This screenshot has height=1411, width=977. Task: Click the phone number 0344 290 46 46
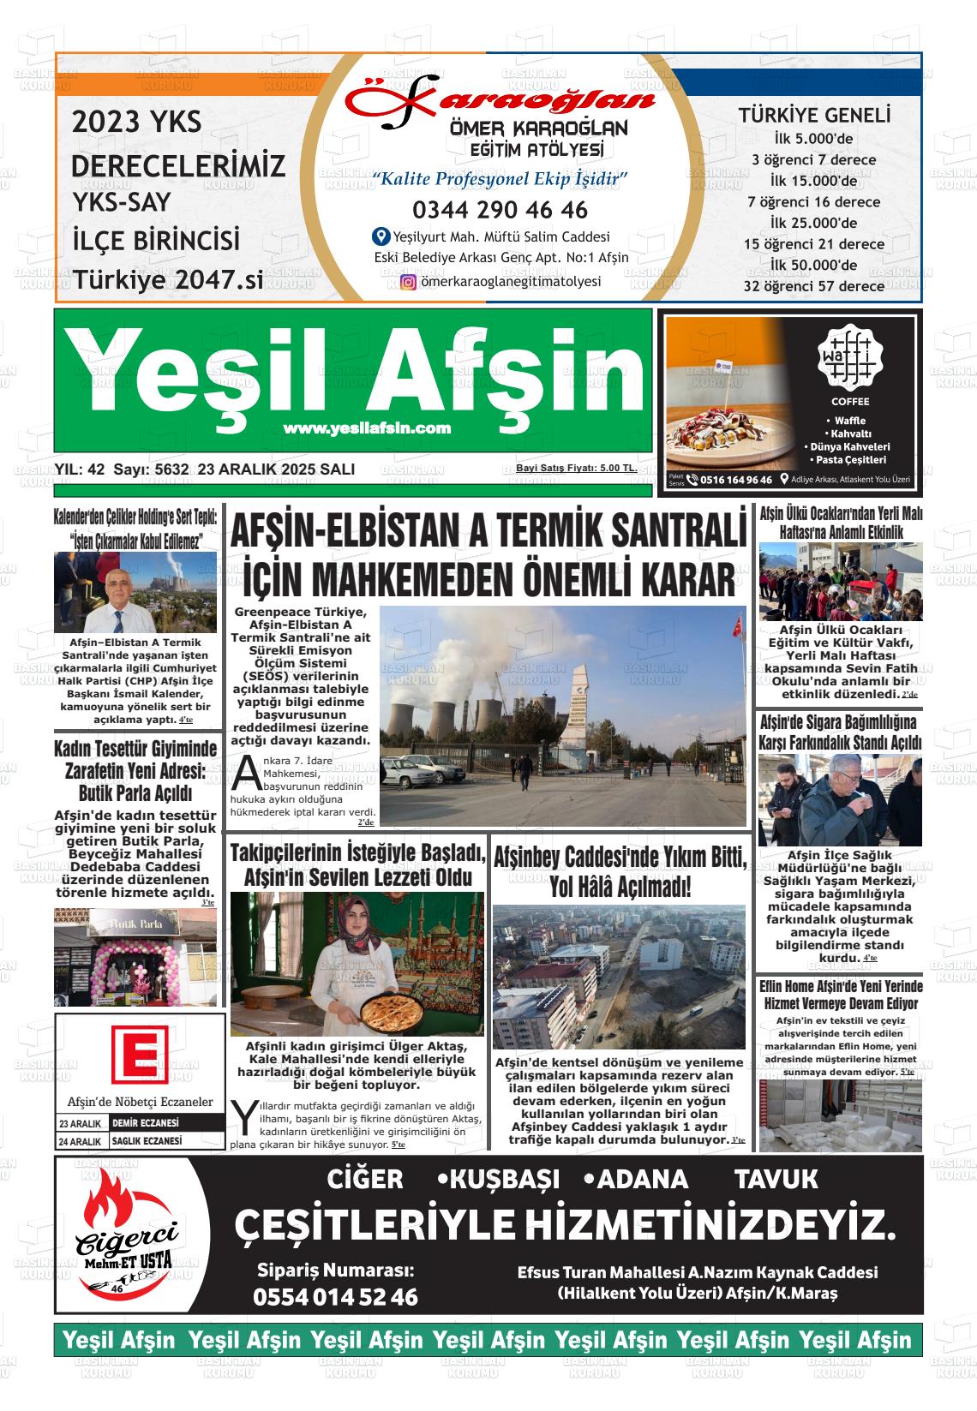(500, 210)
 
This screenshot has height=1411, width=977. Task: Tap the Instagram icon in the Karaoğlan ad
(409, 281)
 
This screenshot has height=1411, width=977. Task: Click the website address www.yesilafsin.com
(366, 428)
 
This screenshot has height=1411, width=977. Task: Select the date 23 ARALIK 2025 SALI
(276, 469)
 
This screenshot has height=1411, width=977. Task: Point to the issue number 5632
(171, 469)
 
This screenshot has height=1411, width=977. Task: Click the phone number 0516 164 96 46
(735, 481)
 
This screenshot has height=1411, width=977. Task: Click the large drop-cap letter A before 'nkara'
(246, 772)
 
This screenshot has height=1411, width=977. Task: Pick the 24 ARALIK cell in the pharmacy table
(80, 1141)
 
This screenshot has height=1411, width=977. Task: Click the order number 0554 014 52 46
(335, 1297)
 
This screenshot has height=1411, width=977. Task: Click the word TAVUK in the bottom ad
(776, 1180)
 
